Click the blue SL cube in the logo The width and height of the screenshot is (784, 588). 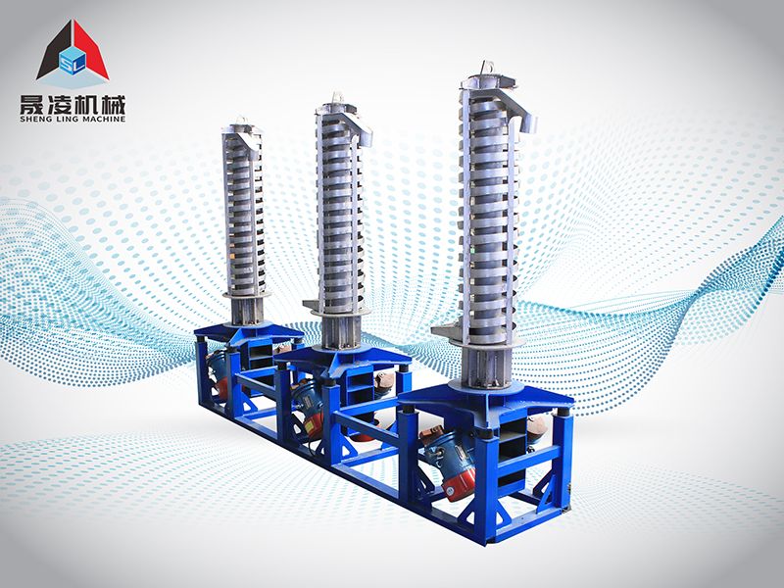(x=73, y=60)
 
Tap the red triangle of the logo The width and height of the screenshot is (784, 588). (x=89, y=50)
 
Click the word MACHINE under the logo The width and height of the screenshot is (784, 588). (x=102, y=119)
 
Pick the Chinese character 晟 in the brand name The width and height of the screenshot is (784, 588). (x=32, y=104)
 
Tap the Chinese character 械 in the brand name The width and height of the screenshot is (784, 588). (x=114, y=104)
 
